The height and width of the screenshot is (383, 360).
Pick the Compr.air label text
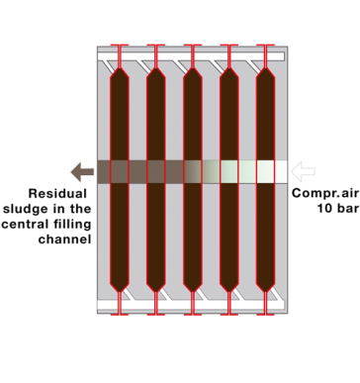tap(325, 194)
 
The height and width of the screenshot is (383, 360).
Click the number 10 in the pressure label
tap(320, 209)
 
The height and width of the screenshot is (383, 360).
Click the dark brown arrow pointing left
tap(74, 170)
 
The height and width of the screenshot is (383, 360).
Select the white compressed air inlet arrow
tap(303, 170)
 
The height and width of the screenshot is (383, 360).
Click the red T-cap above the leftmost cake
tap(119, 47)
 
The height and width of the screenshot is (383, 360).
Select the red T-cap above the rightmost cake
tap(265, 47)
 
